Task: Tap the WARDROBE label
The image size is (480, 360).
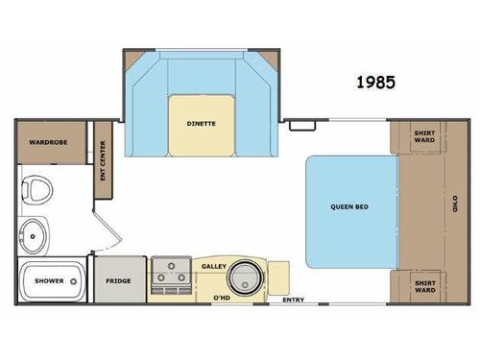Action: [x=46, y=141]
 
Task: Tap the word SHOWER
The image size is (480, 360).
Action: [x=48, y=281]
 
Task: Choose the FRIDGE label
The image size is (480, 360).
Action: [x=119, y=280]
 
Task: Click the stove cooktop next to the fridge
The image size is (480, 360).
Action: [x=169, y=274]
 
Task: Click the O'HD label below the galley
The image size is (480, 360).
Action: [x=222, y=299]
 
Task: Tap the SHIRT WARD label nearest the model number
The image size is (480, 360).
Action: [x=423, y=137]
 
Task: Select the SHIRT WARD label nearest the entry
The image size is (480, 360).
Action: [x=423, y=285]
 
